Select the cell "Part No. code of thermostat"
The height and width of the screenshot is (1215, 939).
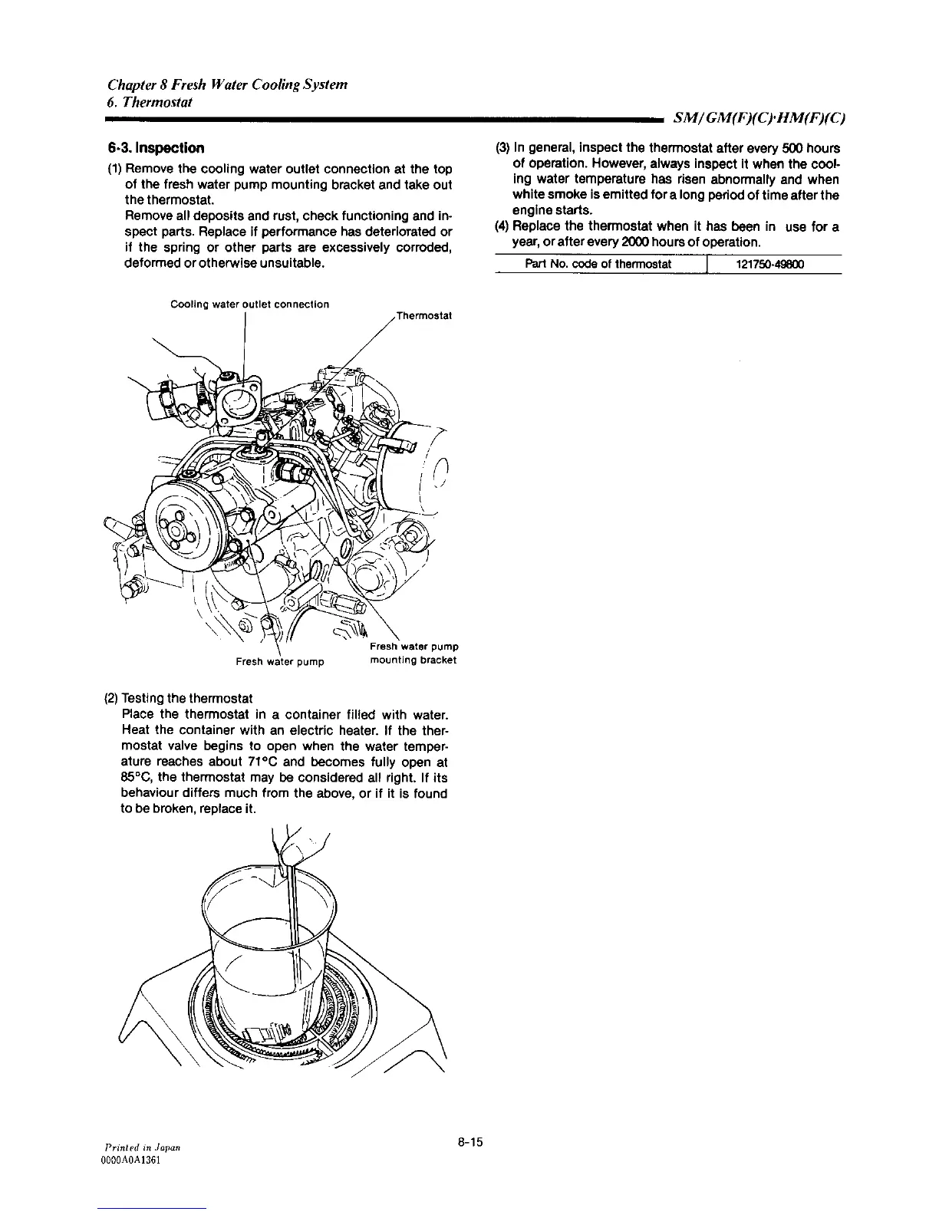pyautogui.click(x=598, y=265)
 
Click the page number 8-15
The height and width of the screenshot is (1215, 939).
pyautogui.click(x=469, y=1142)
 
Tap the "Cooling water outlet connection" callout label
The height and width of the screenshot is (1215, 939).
pyautogui.click(x=249, y=305)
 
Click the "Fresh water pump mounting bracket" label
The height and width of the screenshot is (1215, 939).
pyautogui.click(x=413, y=653)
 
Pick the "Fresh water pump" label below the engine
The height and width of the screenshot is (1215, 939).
pyautogui.click(x=279, y=661)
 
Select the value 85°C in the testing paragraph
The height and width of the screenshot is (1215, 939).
pyautogui.click(x=133, y=778)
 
